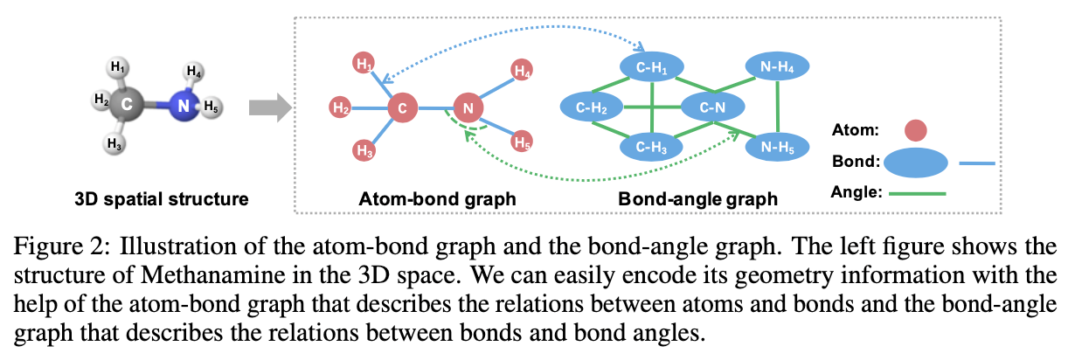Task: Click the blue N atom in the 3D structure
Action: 182,106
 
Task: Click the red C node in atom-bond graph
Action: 402,108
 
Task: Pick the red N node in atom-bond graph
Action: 468,108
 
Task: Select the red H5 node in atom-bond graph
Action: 523,141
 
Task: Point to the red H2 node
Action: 341,108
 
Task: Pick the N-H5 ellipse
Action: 777,149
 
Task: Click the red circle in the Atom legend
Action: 915,131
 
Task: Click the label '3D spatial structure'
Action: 162,199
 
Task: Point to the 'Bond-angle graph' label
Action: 697,199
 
